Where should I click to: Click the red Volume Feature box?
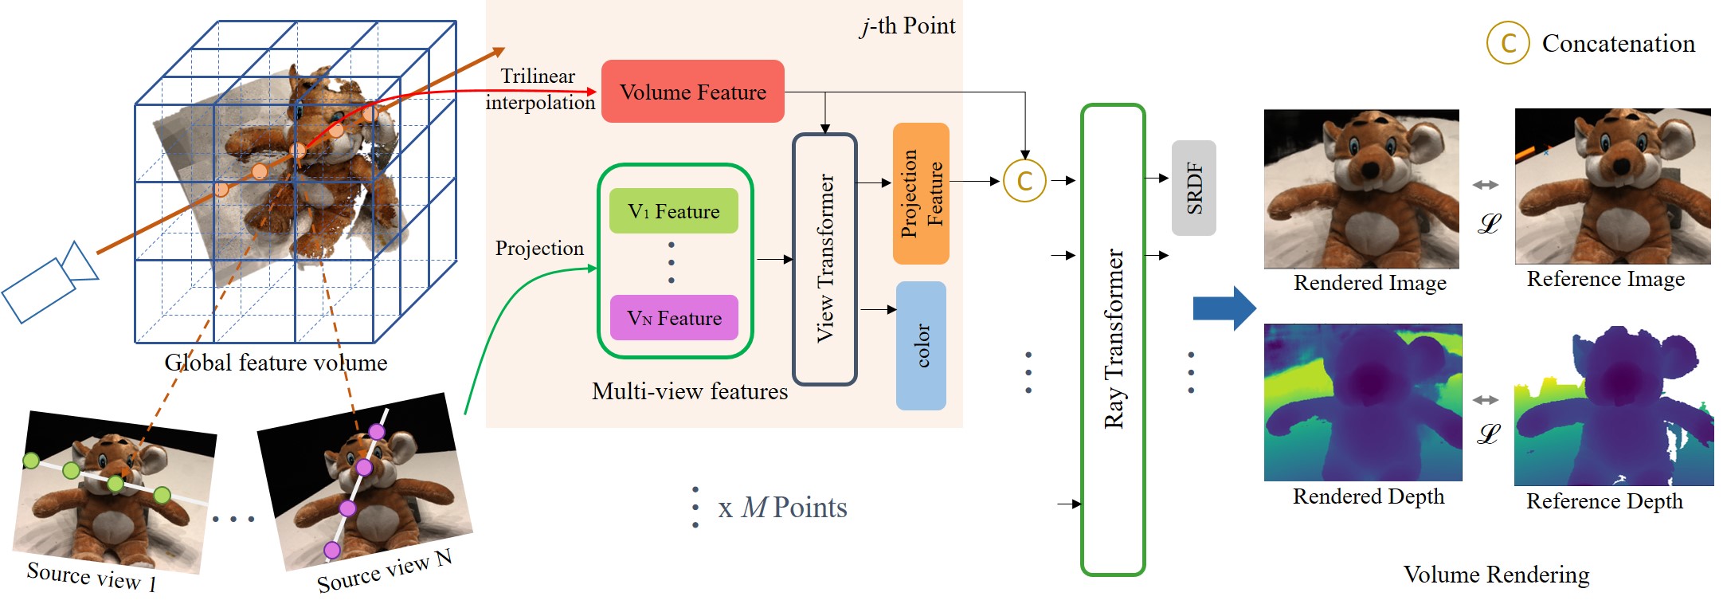tap(692, 92)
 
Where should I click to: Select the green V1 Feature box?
tap(673, 211)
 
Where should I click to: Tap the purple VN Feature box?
tap(673, 318)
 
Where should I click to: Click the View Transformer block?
tap(824, 259)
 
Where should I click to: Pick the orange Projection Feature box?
tap(921, 194)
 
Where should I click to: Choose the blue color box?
tap(921, 345)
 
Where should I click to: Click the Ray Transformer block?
tap(1113, 339)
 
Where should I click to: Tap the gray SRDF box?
tap(1193, 188)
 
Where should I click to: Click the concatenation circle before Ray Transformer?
tap(1024, 181)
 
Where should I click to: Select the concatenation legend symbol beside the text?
tap(1507, 43)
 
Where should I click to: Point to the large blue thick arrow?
tap(1224, 308)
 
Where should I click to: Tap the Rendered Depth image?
tap(1363, 402)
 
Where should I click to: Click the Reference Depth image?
tap(1613, 406)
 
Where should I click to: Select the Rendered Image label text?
tap(1369, 283)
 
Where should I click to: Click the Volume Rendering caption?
tap(1496, 575)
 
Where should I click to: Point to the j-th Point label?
tap(907, 26)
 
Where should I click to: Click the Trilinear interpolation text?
tap(539, 88)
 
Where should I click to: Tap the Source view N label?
tap(384, 571)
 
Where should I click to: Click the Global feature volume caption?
tap(276, 363)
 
